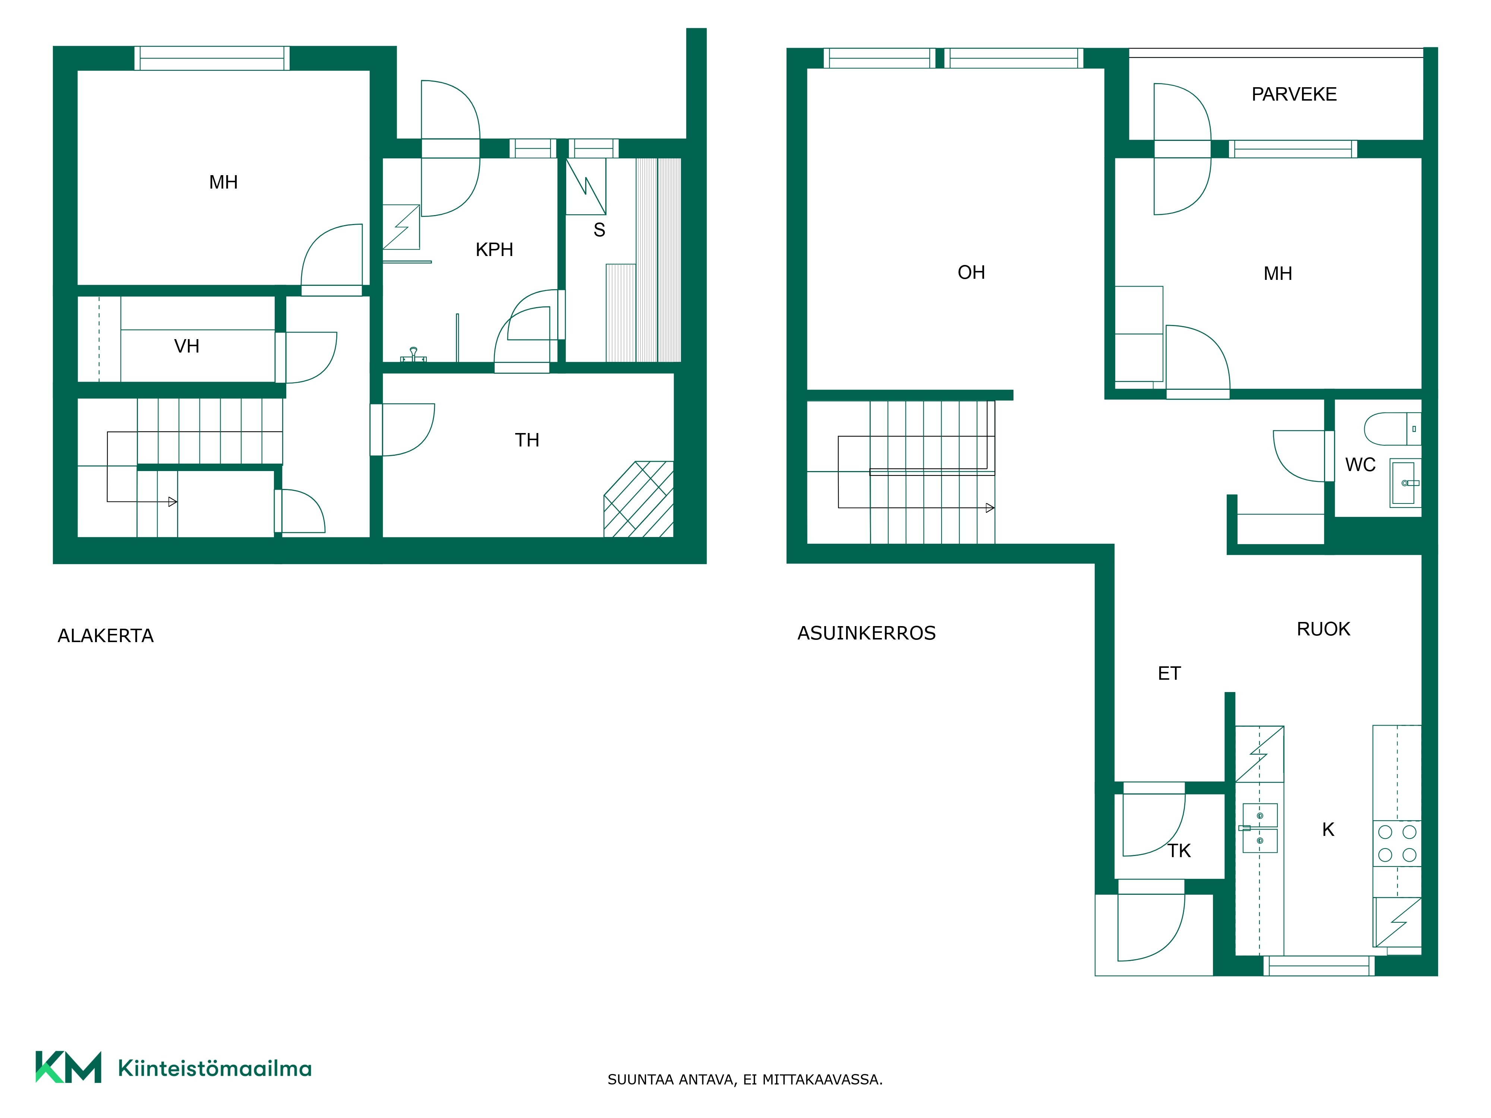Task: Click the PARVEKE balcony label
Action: click(1293, 94)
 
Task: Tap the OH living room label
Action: click(971, 272)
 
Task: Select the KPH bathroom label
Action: click(494, 249)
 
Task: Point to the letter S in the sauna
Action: click(599, 230)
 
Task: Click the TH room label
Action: click(527, 440)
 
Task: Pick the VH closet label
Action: click(187, 346)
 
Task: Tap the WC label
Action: click(1360, 464)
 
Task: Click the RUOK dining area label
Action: click(1323, 629)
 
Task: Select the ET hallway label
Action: click(1169, 673)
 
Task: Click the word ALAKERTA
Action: click(106, 635)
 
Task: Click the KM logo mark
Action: click(68, 1067)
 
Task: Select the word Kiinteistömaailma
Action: click(215, 1068)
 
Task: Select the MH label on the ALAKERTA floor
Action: click(223, 182)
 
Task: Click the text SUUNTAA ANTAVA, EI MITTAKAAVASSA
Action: click(745, 1080)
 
